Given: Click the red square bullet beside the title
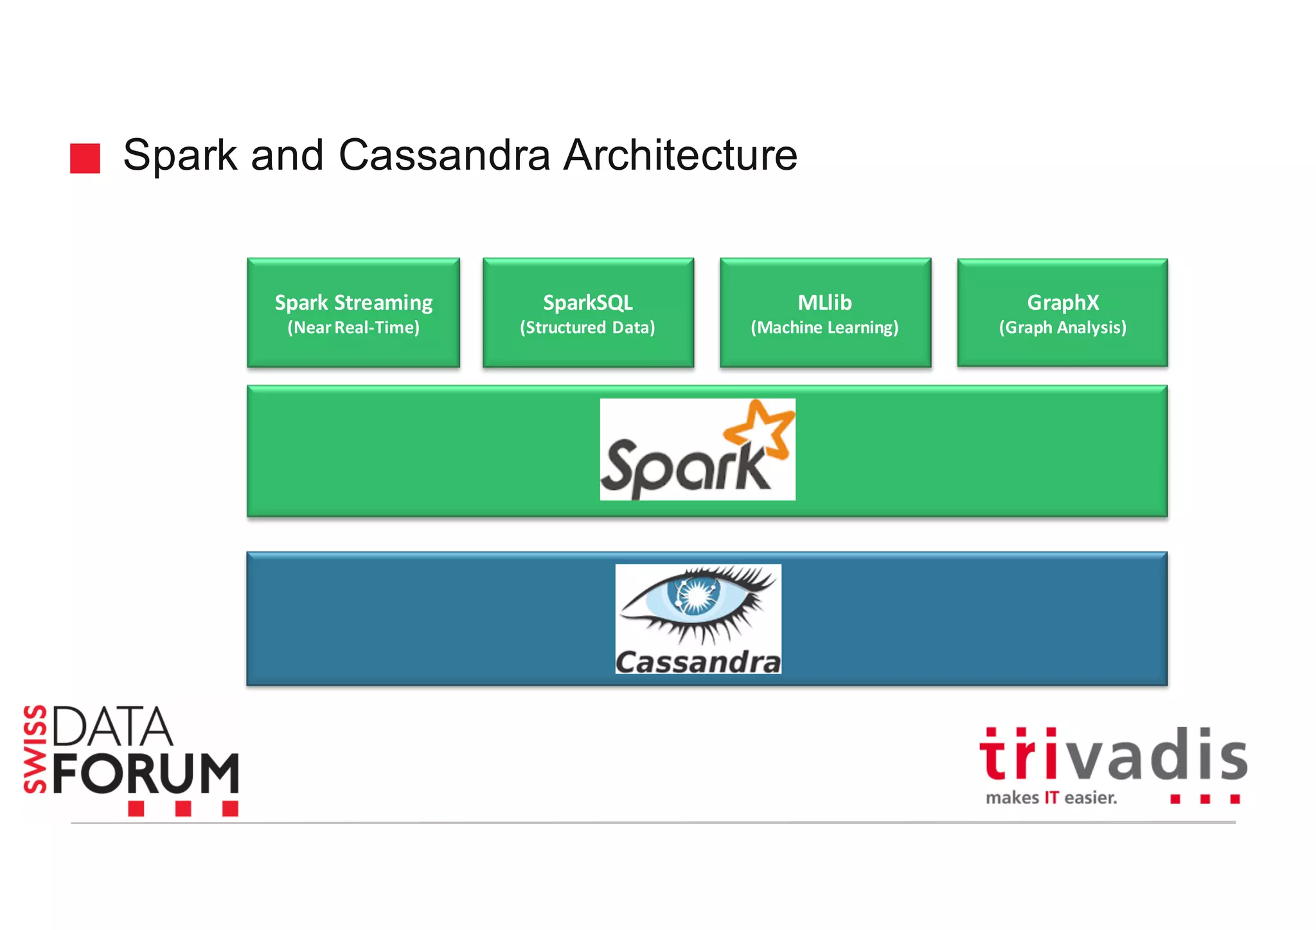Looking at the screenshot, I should point(85,158).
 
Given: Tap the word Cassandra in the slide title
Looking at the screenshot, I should point(444,156).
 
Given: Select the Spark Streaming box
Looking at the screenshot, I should point(353,312).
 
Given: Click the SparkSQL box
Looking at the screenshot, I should point(588,312).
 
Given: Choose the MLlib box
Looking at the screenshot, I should point(825,312).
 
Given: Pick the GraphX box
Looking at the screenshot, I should point(1062,312).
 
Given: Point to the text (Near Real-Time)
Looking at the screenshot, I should point(353,328).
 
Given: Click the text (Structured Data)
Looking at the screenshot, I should point(587,328).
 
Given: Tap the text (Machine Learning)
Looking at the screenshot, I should point(824,328).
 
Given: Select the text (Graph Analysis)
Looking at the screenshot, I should point(1062,328).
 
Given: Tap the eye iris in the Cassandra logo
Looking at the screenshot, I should point(694,595).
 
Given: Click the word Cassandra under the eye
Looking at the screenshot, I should point(698,662).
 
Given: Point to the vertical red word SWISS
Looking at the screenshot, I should point(35,749).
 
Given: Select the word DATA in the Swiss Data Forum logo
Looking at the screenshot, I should point(112,728).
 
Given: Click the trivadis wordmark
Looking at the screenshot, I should point(1112,755).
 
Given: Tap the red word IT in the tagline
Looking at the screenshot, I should point(1051,798).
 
